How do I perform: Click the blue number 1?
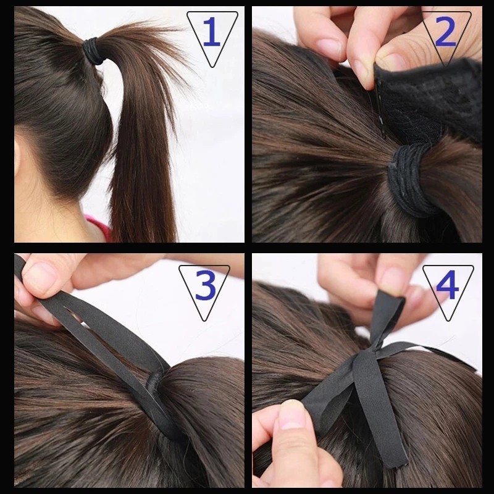[x=212, y=31]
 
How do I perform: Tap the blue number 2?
[x=445, y=31]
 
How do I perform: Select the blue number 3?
[x=206, y=285]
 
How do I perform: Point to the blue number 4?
[x=447, y=285]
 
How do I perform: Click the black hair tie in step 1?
[x=93, y=51]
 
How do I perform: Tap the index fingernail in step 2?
[x=328, y=47]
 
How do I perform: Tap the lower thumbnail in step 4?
[x=291, y=415]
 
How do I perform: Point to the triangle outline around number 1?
[x=187, y=12]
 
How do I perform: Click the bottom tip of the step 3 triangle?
[x=204, y=321]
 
